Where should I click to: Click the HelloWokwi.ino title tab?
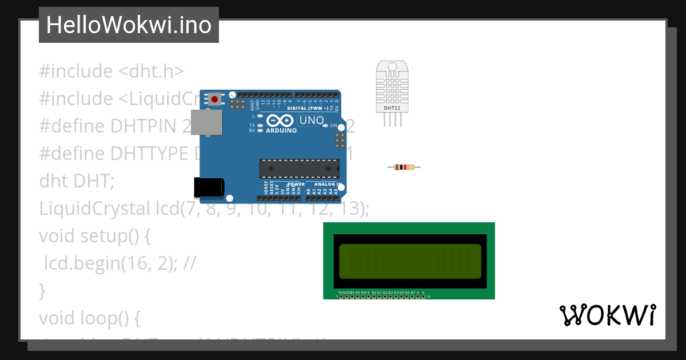click(129, 25)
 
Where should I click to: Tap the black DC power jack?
click(208, 187)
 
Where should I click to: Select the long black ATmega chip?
click(299, 169)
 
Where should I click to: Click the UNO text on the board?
click(312, 121)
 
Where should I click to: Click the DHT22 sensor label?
click(392, 107)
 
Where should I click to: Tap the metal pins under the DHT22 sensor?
click(392, 119)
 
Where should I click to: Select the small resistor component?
click(404, 167)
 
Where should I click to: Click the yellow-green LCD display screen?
click(410, 261)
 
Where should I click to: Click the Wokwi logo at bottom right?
click(607, 315)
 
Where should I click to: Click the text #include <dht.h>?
click(111, 71)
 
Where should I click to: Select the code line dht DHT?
click(77, 181)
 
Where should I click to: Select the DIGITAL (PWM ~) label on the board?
click(308, 108)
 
